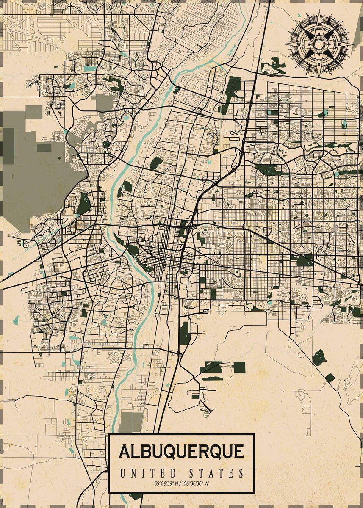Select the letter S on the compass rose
(319, 64)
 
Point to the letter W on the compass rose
(299, 43)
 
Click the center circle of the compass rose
(319, 44)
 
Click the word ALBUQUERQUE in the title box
(181, 451)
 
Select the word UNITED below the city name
(147, 473)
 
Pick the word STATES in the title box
(216, 473)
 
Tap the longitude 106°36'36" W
(196, 483)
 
